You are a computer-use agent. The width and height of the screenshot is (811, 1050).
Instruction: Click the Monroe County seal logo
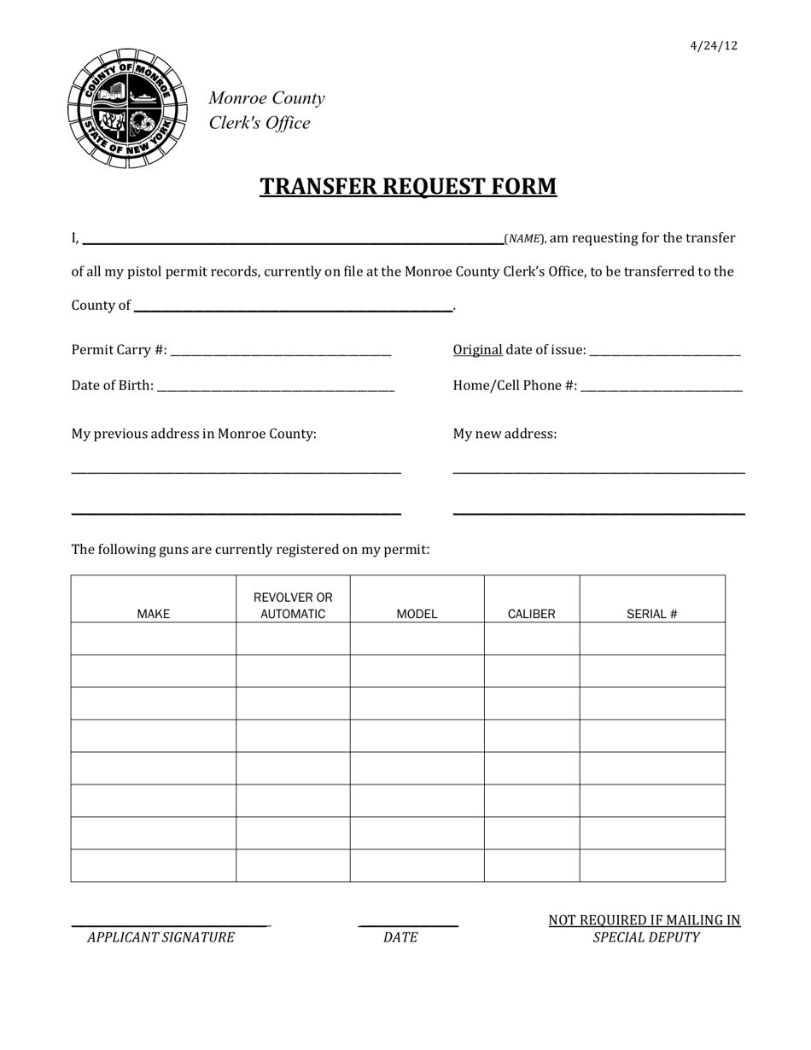point(127,108)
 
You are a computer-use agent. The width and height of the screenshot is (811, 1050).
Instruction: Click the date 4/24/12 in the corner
point(713,46)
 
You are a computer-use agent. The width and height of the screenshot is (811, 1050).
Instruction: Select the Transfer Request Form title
point(408,186)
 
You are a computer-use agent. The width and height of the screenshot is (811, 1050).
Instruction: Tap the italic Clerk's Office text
point(260,123)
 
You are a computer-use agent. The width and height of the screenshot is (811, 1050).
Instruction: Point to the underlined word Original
point(477,350)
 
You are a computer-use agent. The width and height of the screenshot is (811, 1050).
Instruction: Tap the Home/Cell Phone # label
point(515,386)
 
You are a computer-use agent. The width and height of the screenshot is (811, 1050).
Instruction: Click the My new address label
point(505,434)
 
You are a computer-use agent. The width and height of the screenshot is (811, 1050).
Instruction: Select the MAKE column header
point(154,614)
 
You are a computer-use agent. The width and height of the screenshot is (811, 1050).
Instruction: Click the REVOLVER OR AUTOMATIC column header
point(293,605)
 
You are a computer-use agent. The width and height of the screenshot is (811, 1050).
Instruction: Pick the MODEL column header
point(417,614)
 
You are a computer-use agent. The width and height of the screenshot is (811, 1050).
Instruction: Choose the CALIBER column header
point(531,614)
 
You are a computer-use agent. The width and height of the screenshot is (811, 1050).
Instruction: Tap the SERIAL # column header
point(651,614)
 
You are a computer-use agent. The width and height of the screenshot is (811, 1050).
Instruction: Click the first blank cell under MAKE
point(154,639)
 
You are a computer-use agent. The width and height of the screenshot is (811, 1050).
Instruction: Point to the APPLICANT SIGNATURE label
point(160,937)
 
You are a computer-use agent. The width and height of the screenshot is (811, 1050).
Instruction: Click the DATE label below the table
point(400,937)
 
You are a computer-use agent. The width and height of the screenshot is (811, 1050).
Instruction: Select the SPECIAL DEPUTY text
point(645,937)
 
